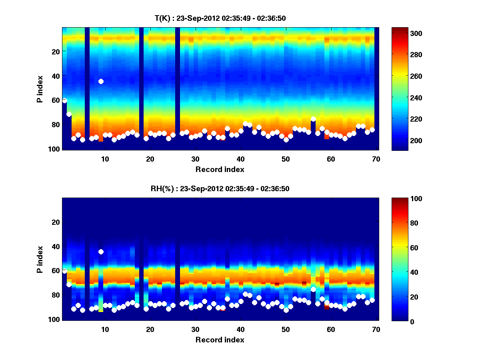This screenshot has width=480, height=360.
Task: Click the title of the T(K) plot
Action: tap(220, 18)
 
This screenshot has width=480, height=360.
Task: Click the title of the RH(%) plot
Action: tap(220, 189)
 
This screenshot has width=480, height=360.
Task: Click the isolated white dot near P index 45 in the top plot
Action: tap(101, 81)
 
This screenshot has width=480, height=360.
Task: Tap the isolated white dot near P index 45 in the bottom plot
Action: tap(101, 252)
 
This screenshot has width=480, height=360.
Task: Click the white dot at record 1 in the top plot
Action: tap(64, 100)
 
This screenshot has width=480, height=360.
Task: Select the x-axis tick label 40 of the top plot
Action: tap(240, 159)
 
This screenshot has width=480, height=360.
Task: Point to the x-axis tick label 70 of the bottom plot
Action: tap(376, 329)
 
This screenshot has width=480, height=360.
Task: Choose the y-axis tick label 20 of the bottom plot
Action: tap(56, 222)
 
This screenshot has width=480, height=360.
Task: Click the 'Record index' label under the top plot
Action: tap(220, 169)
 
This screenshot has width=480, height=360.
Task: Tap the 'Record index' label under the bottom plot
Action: tap(220, 340)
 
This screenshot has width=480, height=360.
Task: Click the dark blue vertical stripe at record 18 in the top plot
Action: tap(141, 88)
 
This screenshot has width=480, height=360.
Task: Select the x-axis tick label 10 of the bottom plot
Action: tap(105, 329)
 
